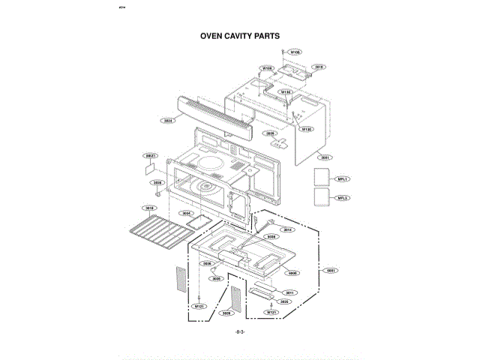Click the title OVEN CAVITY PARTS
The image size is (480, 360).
(x=239, y=35)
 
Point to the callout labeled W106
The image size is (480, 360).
(x=295, y=52)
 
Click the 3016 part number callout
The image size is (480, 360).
(x=319, y=67)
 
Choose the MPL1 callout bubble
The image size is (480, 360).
(x=342, y=179)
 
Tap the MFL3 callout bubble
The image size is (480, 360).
(x=342, y=198)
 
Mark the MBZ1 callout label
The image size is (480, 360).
(x=150, y=156)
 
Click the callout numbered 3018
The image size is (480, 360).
(x=149, y=208)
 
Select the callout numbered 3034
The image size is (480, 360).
(x=186, y=213)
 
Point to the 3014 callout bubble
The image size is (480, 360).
(x=287, y=229)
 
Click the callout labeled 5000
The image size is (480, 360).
(x=293, y=273)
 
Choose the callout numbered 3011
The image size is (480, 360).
(x=289, y=292)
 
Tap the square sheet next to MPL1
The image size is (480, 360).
(x=320, y=178)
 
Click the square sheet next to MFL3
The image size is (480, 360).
(x=320, y=198)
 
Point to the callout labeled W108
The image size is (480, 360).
(x=266, y=68)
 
